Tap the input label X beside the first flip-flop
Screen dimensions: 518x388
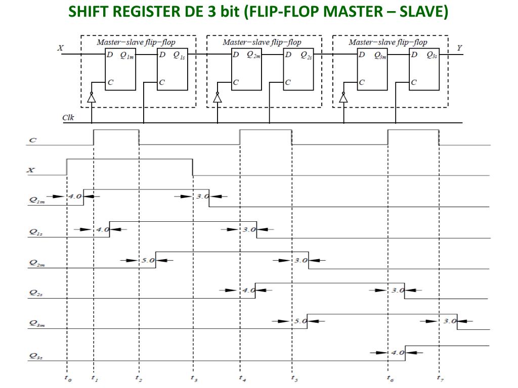[61, 48]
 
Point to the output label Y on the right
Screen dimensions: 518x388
[459, 48]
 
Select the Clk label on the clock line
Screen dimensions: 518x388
[68, 118]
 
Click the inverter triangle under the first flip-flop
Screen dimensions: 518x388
[92, 98]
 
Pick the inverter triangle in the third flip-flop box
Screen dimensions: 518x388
[343, 98]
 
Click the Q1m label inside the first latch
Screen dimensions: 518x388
[127, 56]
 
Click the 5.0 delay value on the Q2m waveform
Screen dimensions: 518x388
[147, 260]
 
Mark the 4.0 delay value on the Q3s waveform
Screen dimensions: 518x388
[397, 352]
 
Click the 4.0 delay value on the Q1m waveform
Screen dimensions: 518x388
[75, 196]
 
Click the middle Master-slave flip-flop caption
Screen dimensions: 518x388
[262, 42]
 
